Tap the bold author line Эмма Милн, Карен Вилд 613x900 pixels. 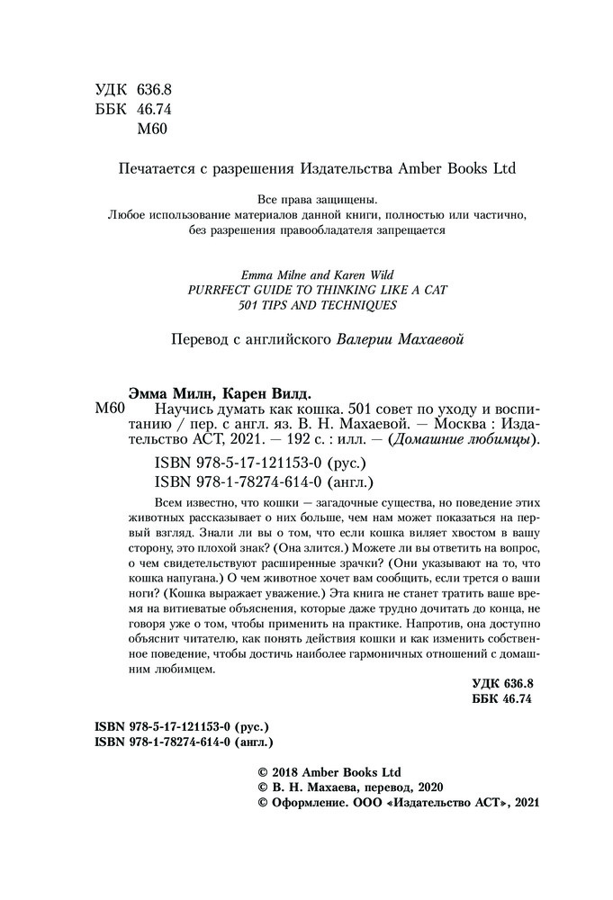pyautogui.click(x=221, y=392)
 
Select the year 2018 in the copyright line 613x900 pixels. pyautogui.click(x=287, y=772)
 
